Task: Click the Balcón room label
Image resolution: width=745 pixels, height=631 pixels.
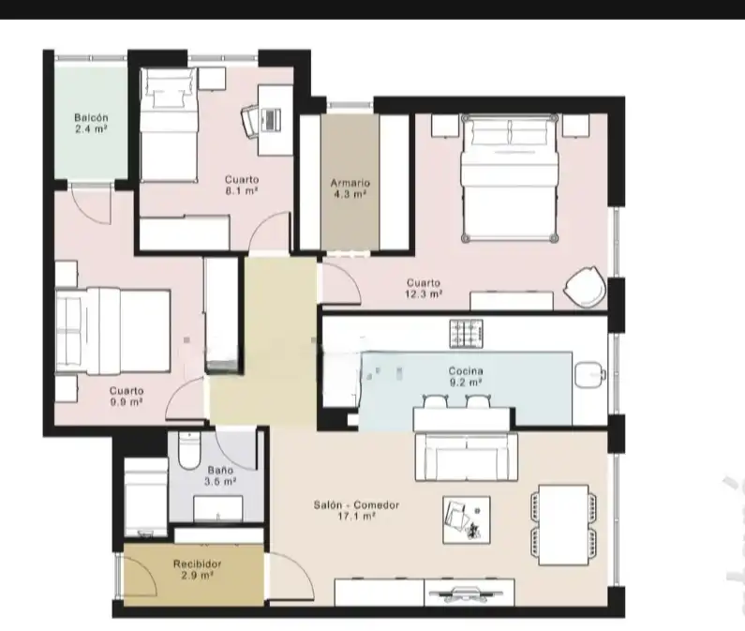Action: pos(91,117)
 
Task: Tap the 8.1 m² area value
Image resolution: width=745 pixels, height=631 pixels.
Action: pos(242,191)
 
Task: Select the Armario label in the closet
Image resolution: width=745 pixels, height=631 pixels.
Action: pos(350,183)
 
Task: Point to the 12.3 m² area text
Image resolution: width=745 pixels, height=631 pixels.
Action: pos(424,294)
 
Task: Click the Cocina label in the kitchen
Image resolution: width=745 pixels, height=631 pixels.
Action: pos(466,370)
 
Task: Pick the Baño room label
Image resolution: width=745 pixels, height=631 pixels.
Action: pos(220,470)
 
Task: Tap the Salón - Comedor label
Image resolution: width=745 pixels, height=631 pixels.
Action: pos(356,504)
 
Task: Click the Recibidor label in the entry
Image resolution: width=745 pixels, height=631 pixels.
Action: pos(197,563)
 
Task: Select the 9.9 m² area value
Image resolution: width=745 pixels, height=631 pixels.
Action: pos(127,402)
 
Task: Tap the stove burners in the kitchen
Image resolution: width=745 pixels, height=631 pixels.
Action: pos(466,334)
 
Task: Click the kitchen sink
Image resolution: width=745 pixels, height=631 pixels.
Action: pos(589,374)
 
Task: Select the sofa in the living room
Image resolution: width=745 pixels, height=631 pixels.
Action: pos(466,457)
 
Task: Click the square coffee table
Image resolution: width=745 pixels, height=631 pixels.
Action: pos(467,519)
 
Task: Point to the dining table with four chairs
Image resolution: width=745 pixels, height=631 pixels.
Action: pos(563,525)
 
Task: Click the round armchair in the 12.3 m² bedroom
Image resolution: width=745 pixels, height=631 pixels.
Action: pos(585,287)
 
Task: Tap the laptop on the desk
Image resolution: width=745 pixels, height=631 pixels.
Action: pos(271,119)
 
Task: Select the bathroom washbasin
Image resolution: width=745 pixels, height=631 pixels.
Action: pos(218,509)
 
